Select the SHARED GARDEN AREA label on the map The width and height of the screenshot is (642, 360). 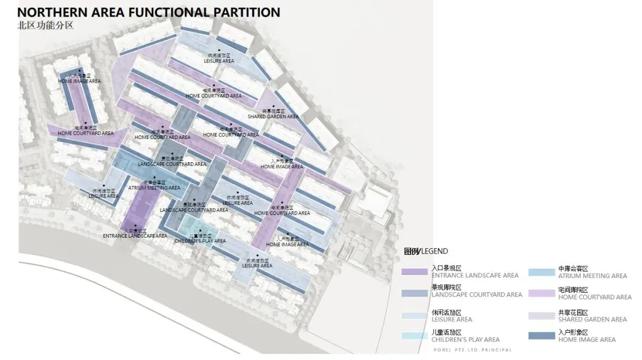[273, 116]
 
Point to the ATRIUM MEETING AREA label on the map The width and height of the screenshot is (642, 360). [154, 188]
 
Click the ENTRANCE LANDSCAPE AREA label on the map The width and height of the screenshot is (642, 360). [135, 236]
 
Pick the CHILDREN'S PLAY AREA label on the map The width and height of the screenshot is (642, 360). [200, 241]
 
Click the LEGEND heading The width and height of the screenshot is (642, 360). [426, 251]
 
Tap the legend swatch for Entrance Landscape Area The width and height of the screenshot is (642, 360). [415, 271]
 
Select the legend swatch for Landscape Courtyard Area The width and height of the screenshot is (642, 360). [415, 293]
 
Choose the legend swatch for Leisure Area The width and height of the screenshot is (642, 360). [415, 315]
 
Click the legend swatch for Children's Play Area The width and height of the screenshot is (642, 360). [415, 336]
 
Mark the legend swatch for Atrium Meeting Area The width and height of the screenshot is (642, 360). [541, 271]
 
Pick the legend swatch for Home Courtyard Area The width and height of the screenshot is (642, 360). [541, 293]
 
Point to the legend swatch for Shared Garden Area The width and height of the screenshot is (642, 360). [541, 315]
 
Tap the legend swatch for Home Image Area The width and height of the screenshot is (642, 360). [541, 336]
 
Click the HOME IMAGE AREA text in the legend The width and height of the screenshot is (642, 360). [587, 340]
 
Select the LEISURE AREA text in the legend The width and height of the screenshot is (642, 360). [452, 320]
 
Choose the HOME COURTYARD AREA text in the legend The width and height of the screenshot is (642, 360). [594, 297]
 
